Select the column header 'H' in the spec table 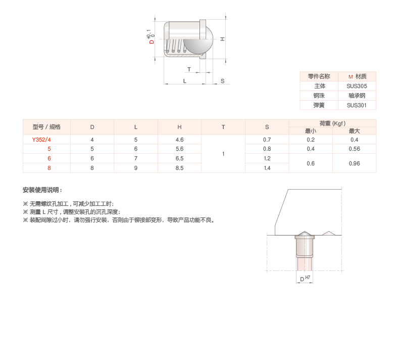pyautogui.click(x=179, y=127)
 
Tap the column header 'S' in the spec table pyautogui.click(x=267, y=127)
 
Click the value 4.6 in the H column pyautogui.click(x=179, y=139)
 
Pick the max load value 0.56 pyautogui.click(x=354, y=149)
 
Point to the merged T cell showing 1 pyautogui.click(x=223, y=153)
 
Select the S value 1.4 pyautogui.click(x=267, y=168)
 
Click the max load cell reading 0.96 pyautogui.click(x=354, y=163)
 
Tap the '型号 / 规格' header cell pyautogui.click(x=46, y=127)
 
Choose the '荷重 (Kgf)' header pyautogui.click(x=332, y=123)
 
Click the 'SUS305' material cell pyautogui.click(x=357, y=86)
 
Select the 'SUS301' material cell pyautogui.click(x=357, y=105)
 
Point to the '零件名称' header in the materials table pyautogui.click(x=319, y=76)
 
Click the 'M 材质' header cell pyautogui.click(x=357, y=76)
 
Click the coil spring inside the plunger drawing pyautogui.click(x=174, y=47)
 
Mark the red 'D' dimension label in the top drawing pyautogui.click(x=152, y=42)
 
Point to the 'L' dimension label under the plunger pyautogui.click(x=184, y=81)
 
